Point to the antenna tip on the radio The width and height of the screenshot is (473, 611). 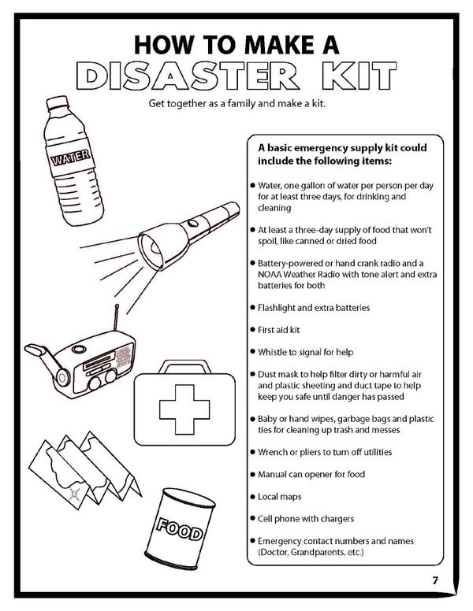(117, 305)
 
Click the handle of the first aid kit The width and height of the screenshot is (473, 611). (184, 367)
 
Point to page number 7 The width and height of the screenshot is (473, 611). (434, 581)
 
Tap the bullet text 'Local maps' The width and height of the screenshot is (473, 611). (279, 497)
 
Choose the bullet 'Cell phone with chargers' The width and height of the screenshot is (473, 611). (305, 519)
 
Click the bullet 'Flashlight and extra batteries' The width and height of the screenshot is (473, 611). (314, 307)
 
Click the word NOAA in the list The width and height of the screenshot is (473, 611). (272, 273)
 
